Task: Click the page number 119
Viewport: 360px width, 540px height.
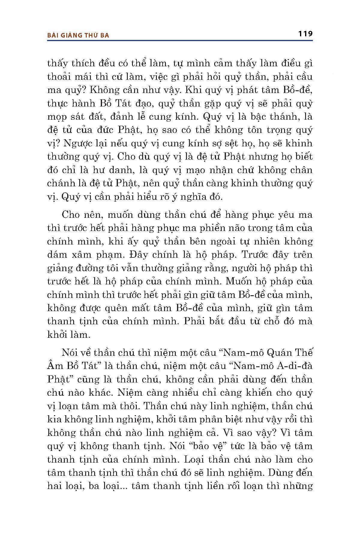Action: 305,33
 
